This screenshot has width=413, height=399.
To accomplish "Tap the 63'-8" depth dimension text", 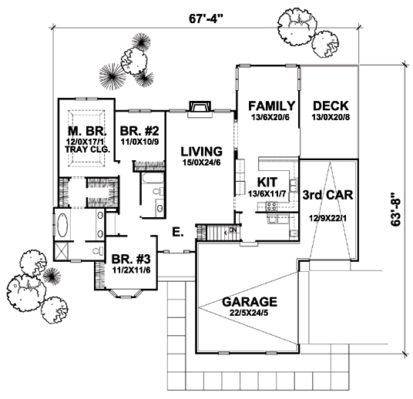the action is click(x=396, y=210).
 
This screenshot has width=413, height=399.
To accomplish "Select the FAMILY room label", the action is click(x=271, y=106).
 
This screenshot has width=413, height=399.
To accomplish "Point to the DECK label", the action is click(x=331, y=106).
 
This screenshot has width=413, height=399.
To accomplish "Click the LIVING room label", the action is click(x=202, y=152).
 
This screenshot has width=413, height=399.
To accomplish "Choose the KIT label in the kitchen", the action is click(x=267, y=182).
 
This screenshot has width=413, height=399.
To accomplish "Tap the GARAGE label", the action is click(x=250, y=302).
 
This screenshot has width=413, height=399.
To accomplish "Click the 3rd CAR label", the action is click(x=327, y=195).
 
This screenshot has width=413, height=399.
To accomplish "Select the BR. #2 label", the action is click(x=139, y=131).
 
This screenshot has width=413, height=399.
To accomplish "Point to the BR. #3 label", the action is click(x=131, y=259).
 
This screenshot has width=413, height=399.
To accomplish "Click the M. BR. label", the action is click(x=87, y=131).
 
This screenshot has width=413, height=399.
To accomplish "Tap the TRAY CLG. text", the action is click(x=87, y=149).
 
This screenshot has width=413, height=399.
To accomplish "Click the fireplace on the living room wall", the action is click(x=200, y=109).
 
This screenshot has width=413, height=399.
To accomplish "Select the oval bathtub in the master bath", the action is click(x=62, y=225).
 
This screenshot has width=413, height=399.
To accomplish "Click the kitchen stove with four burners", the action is click(x=271, y=206).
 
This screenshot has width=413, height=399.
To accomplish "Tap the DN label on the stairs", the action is click(x=233, y=230).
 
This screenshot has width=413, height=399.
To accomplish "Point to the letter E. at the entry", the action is click(x=178, y=232).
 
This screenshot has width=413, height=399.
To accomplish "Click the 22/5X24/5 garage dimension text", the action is click(x=249, y=313).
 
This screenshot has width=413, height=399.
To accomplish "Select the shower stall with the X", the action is click(x=62, y=251).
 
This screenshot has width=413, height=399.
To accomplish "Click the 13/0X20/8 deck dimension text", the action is click(x=331, y=117).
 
